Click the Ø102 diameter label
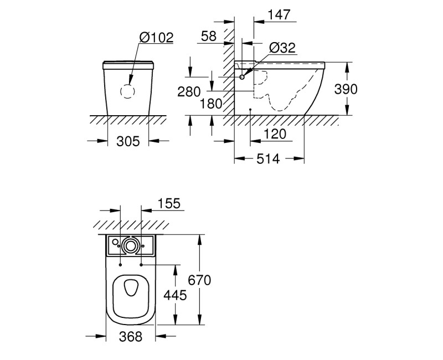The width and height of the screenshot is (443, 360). click(x=156, y=37)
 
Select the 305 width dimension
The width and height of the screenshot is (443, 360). click(x=128, y=141)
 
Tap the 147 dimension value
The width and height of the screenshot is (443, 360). click(x=279, y=15)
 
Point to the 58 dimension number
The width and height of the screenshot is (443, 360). click(x=209, y=36)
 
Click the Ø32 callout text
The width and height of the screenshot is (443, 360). click(x=282, y=48)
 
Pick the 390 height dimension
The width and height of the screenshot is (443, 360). click(x=346, y=89)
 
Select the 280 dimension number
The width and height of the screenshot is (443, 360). click(x=189, y=91)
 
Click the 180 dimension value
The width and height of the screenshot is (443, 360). click(x=211, y=104)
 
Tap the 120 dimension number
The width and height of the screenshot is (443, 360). click(x=275, y=134)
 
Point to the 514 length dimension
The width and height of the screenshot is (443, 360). click(x=268, y=159)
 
